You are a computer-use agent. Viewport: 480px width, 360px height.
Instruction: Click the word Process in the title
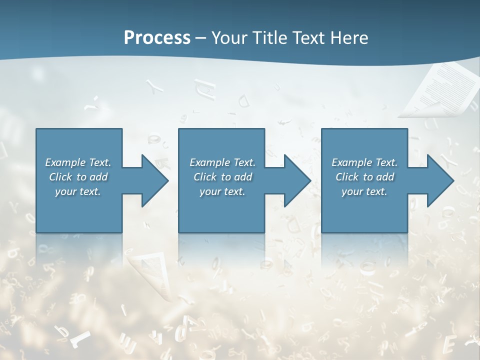tap(157, 38)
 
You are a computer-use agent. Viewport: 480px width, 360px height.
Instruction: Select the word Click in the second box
tap(205, 177)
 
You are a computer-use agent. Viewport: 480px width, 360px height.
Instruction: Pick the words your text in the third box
tap(364, 191)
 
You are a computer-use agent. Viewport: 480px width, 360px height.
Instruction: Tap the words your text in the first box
tap(78, 191)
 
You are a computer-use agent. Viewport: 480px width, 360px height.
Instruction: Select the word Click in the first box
tap(60, 177)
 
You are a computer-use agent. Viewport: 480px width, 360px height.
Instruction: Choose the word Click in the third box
tap(347, 177)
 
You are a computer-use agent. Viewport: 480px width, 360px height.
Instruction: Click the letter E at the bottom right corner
tap(449, 344)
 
